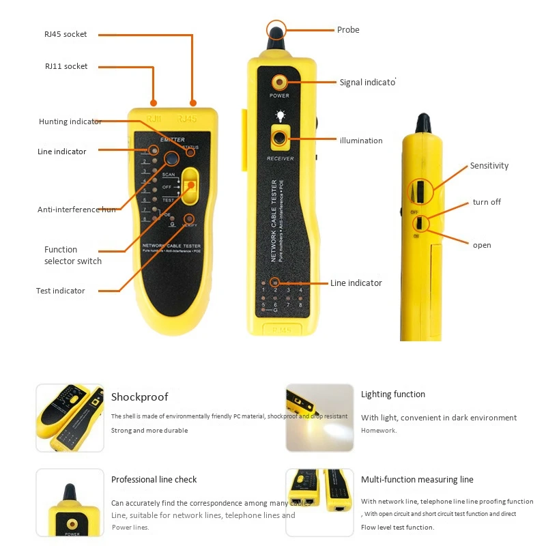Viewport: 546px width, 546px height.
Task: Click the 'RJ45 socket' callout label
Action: pyautogui.click(x=66, y=34)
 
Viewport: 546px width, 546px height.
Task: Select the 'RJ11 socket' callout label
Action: pyautogui.click(x=66, y=66)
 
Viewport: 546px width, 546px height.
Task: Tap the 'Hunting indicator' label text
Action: pyautogui.click(x=70, y=121)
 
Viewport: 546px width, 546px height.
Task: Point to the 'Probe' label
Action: pyautogui.click(x=348, y=30)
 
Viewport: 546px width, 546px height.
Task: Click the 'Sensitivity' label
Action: pyautogui.click(x=489, y=166)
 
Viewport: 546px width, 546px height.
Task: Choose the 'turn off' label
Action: pyautogui.click(x=487, y=202)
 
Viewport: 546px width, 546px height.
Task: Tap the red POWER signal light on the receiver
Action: pyautogui.click(x=278, y=82)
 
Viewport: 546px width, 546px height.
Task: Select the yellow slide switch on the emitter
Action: pyautogui.click(x=190, y=186)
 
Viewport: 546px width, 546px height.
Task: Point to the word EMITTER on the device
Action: pyautogui.click(x=172, y=139)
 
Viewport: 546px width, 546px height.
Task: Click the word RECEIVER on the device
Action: pyautogui.click(x=280, y=158)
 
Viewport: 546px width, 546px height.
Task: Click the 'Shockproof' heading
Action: pyautogui.click(x=139, y=397)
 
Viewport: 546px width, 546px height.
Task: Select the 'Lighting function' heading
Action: pyautogui.click(x=392, y=394)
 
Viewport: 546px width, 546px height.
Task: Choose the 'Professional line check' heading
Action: pyautogui.click(x=154, y=480)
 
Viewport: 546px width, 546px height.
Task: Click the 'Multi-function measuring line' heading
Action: pyautogui.click(x=417, y=480)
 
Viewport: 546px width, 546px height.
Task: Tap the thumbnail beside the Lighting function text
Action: pyautogui.click(x=319, y=417)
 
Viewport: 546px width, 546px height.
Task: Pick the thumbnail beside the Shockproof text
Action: pyautogui.click(x=70, y=417)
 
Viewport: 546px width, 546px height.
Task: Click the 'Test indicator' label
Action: pyautogui.click(x=61, y=291)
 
